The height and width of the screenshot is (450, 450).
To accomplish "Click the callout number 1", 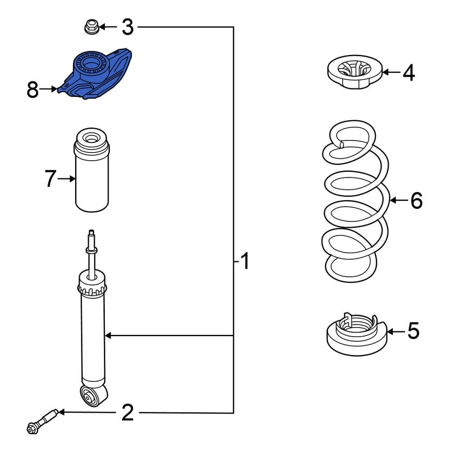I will pos(244,261).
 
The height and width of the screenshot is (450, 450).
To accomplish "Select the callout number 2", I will pos(128,413).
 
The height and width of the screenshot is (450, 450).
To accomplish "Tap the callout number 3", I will pos(128,27).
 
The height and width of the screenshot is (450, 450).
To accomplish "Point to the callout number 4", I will pos(408,72).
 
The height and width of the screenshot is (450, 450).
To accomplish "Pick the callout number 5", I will pos(413,331).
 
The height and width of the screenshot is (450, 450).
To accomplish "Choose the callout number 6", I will pos(416,200).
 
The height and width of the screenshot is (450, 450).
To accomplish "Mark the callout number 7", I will pos(51,179).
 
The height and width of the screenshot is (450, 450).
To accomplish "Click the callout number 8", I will pos(32,90).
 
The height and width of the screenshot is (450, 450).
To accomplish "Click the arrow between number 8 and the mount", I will pos(49,90).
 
